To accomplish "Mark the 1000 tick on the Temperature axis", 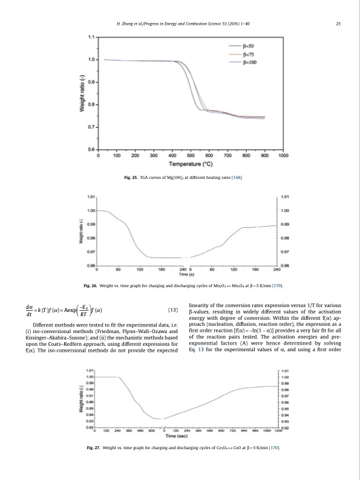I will click(283, 155).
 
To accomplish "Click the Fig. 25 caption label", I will click(130, 178).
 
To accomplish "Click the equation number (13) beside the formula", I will click(172, 311).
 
